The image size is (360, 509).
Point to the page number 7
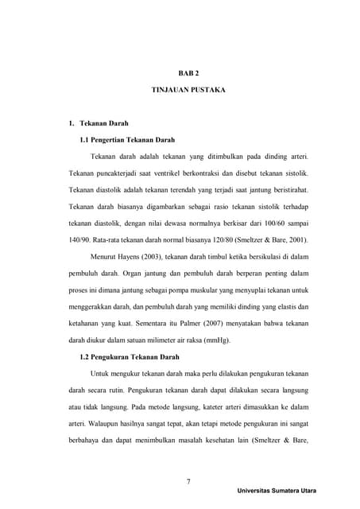pos(188,481)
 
